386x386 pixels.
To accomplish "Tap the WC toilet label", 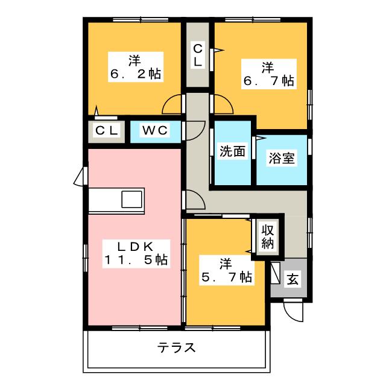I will click(x=155, y=130).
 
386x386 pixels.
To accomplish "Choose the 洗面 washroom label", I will click(x=232, y=152).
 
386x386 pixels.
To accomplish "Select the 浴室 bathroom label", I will click(x=281, y=159).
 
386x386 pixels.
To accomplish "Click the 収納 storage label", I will click(x=267, y=237).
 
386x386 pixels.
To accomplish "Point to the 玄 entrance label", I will click(x=292, y=279).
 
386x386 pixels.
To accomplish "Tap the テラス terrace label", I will click(x=177, y=348).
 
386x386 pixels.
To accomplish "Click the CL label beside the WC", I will click(x=107, y=130).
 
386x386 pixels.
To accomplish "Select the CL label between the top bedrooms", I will click(x=198, y=55).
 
